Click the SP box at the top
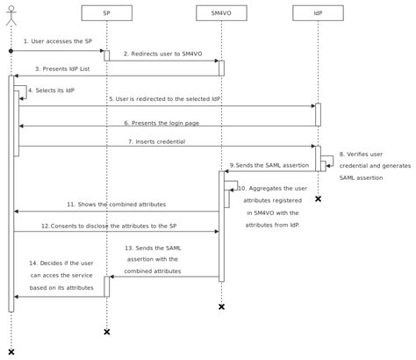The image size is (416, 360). (x=106, y=13)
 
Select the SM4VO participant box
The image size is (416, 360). (x=221, y=13)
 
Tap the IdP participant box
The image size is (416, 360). (x=318, y=13)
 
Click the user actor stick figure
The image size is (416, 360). (x=11, y=14)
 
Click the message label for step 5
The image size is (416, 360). (x=164, y=98)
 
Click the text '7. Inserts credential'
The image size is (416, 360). (x=163, y=140)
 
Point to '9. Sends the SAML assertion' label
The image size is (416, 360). (x=269, y=165)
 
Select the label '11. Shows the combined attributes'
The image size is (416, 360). (x=116, y=205)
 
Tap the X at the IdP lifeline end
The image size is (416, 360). (x=318, y=199)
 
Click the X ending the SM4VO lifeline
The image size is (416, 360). (x=221, y=306)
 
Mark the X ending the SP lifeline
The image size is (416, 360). (x=106, y=332)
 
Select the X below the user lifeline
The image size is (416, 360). (x=11, y=352)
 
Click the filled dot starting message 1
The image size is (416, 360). (x=11, y=51)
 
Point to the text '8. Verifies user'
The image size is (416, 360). (x=362, y=155)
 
